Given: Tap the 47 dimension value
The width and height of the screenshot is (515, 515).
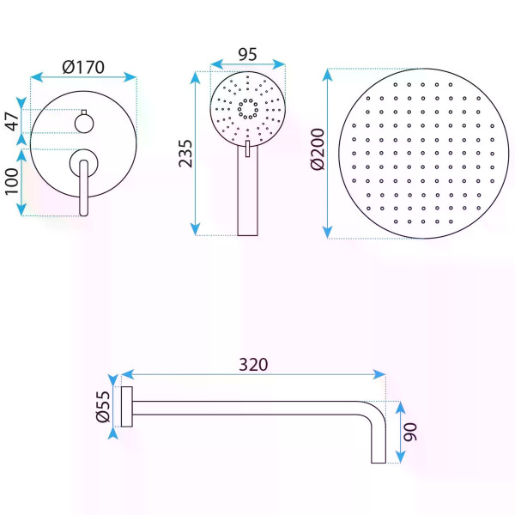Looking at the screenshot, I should [x=13, y=121].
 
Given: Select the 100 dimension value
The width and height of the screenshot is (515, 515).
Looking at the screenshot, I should [x=13, y=183].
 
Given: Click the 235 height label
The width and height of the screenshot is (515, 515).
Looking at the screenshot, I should [x=185, y=152].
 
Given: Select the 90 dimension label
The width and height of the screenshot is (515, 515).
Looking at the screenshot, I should [x=412, y=432].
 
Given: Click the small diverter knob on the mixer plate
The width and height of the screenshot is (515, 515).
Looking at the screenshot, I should [x=83, y=121].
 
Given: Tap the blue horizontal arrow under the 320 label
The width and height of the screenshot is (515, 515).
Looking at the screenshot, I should [x=253, y=374].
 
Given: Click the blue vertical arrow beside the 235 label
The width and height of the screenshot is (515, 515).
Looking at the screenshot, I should [x=197, y=153].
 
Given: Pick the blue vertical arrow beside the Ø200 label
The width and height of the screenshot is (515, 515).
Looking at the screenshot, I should [x=328, y=154].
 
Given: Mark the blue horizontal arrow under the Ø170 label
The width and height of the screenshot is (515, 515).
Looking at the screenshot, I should [x=83, y=76].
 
